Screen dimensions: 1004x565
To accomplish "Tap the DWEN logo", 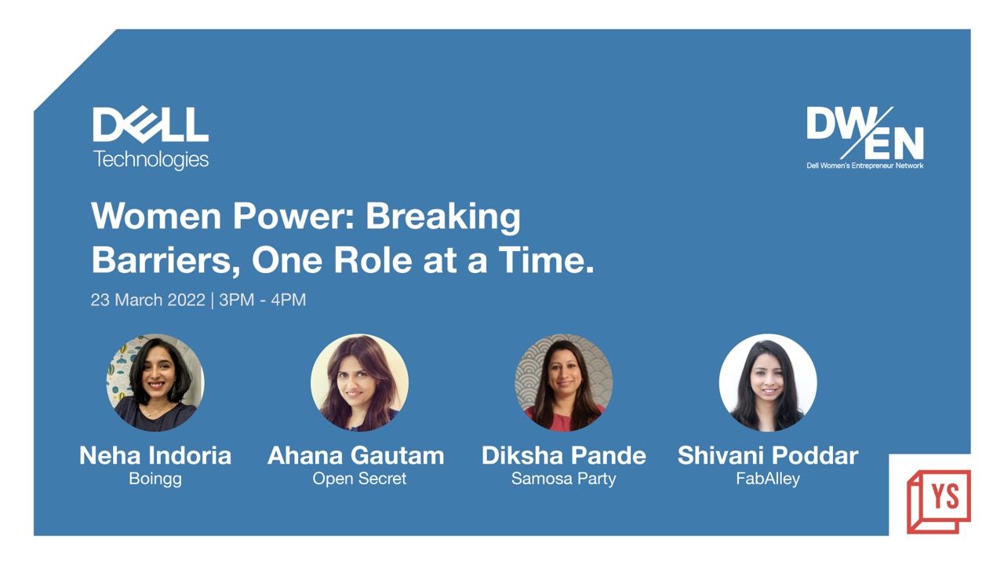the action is click(x=865, y=137).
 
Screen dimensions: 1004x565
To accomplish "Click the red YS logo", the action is click(x=939, y=501).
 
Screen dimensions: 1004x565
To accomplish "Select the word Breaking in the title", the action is click(x=443, y=217).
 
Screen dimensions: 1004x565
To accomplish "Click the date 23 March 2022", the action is click(x=148, y=300).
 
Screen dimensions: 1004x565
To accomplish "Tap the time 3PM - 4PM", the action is click(x=262, y=300).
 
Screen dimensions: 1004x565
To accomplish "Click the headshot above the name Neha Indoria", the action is click(x=155, y=382).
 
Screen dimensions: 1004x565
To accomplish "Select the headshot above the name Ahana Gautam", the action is click(x=359, y=382).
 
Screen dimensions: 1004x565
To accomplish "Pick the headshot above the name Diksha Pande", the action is click(x=564, y=382).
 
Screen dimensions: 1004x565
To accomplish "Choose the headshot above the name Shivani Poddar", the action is click(x=768, y=382).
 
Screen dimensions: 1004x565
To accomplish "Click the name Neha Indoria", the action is click(x=155, y=456).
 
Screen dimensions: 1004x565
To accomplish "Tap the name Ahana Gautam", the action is click(x=356, y=456).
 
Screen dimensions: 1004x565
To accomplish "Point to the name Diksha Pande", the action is click(x=564, y=456).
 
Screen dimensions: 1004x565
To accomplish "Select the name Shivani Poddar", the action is click(x=768, y=456).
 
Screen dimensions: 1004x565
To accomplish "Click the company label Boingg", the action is click(x=155, y=479).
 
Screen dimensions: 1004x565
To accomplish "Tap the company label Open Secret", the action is click(x=359, y=479).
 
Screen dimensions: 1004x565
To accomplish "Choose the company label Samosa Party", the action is click(x=564, y=479).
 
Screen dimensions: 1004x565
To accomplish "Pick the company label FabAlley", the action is click(x=768, y=479).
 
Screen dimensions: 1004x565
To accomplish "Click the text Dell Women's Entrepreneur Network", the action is click(x=865, y=166).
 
